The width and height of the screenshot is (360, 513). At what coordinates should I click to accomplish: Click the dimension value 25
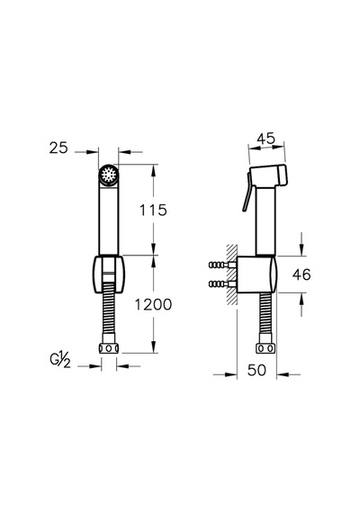(58, 148)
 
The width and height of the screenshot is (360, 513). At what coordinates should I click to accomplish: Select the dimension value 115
(153, 210)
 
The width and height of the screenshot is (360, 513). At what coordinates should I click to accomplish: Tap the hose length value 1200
(154, 304)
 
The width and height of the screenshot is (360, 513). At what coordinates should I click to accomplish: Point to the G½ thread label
(60, 361)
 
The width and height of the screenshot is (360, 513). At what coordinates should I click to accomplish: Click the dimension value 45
(265, 139)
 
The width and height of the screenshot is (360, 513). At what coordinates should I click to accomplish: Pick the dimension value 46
(301, 274)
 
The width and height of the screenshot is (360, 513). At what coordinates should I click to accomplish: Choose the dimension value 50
(256, 370)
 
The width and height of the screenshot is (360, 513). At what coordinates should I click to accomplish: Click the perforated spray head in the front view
(109, 175)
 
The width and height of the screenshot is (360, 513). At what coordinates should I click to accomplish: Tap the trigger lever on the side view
(247, 193)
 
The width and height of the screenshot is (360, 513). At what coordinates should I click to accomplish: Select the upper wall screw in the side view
(222, 265)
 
